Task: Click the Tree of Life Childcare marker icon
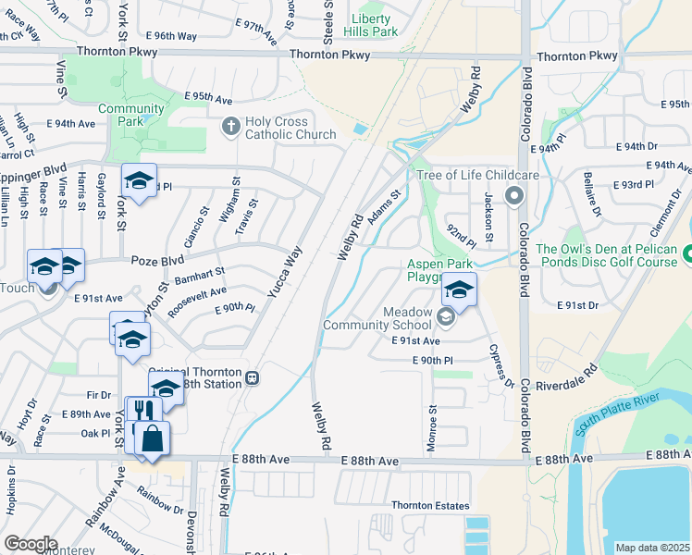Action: [514, 195]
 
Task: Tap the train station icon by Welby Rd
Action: [252, 377]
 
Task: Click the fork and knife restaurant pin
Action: [143, 410]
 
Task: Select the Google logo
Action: [31, 543]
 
